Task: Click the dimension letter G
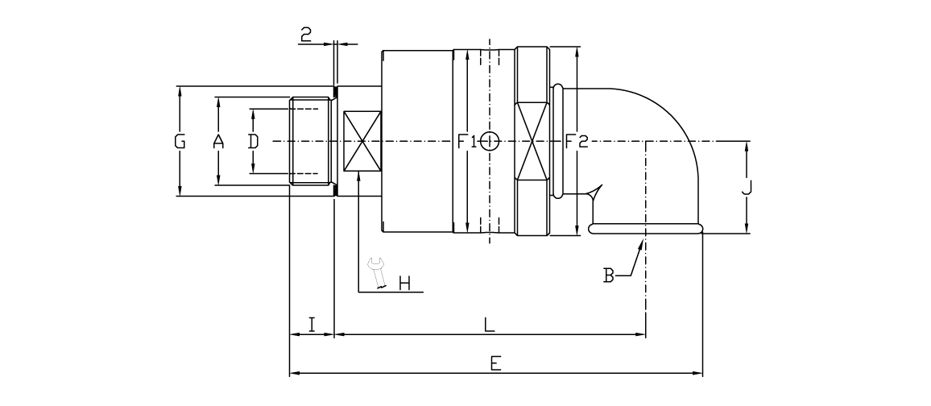180,143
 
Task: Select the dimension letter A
217,143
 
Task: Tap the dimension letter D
253,143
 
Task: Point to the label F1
466,143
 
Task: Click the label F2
576,143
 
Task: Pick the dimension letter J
747,188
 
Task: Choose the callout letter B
610,276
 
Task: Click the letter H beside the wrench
404,283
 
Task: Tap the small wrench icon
375,271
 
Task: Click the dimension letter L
488,325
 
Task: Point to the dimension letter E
495,364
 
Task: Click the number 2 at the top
306,34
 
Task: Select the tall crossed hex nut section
532,142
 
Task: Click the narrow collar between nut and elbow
557,141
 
